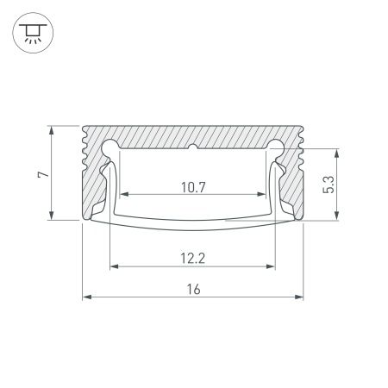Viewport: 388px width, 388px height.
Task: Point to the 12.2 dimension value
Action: tap(192, 255)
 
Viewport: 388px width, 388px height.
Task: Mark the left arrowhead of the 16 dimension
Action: tap(87, 298)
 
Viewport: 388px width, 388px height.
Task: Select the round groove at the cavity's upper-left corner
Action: tap(111, 147)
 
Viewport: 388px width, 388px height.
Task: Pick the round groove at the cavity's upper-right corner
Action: tap(275, 147)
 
